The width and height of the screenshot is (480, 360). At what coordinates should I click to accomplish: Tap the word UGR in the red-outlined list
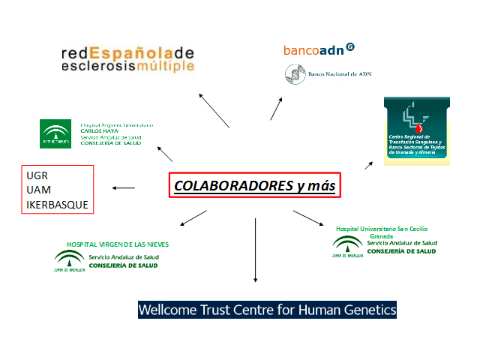(x=37, y=175)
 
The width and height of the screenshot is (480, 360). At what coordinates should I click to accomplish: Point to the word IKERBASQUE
(x=57, y=204)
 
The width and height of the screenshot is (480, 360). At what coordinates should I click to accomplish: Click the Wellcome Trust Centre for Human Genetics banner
(x=267, y=309)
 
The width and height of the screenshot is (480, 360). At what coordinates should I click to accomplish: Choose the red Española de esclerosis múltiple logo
(x=127, y=59)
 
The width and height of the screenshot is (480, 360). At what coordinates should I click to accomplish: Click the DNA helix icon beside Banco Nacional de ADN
(x=293, y=74)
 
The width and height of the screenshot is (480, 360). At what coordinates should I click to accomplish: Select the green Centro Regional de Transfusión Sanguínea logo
(x=416, y=131)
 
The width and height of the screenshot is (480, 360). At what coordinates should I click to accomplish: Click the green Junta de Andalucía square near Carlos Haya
(x=55, y=133)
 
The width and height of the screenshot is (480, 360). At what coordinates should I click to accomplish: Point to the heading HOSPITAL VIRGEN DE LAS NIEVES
(x=118, y=244)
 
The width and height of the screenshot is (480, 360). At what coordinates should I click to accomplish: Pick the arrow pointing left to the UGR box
(x=124, y=187)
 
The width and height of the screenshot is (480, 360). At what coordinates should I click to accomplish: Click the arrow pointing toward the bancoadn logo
(x=277, y=109)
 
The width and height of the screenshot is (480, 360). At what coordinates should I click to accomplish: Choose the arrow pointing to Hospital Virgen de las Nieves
(x=193, y=217)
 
